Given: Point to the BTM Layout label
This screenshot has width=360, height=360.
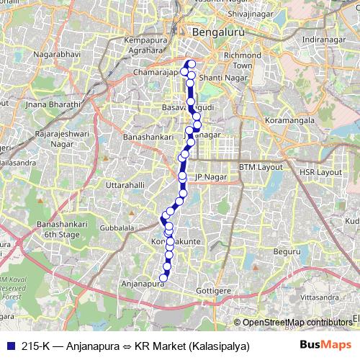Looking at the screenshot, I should [x=261, y=166].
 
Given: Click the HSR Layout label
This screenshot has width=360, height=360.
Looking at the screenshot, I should [x=320, y=173].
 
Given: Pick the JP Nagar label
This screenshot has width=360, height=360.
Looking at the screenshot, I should [x=210, y=176].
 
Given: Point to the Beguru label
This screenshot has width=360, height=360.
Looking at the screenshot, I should [x=286, y=251].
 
